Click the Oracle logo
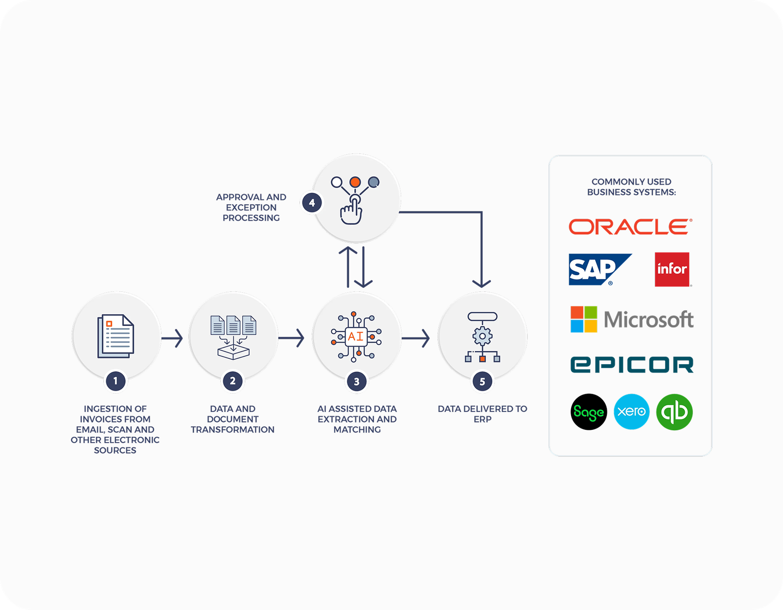630,227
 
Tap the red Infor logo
672,269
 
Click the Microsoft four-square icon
584,319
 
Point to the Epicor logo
632,365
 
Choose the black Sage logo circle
589,412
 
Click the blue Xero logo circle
631,412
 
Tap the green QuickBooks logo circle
674,412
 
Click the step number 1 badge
115,381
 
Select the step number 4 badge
312,203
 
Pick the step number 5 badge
482,381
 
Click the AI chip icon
356,337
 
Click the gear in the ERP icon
483,336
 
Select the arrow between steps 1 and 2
172,338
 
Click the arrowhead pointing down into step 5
482,283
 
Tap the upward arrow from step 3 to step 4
348,267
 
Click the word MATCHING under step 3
357,430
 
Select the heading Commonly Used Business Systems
631,187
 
